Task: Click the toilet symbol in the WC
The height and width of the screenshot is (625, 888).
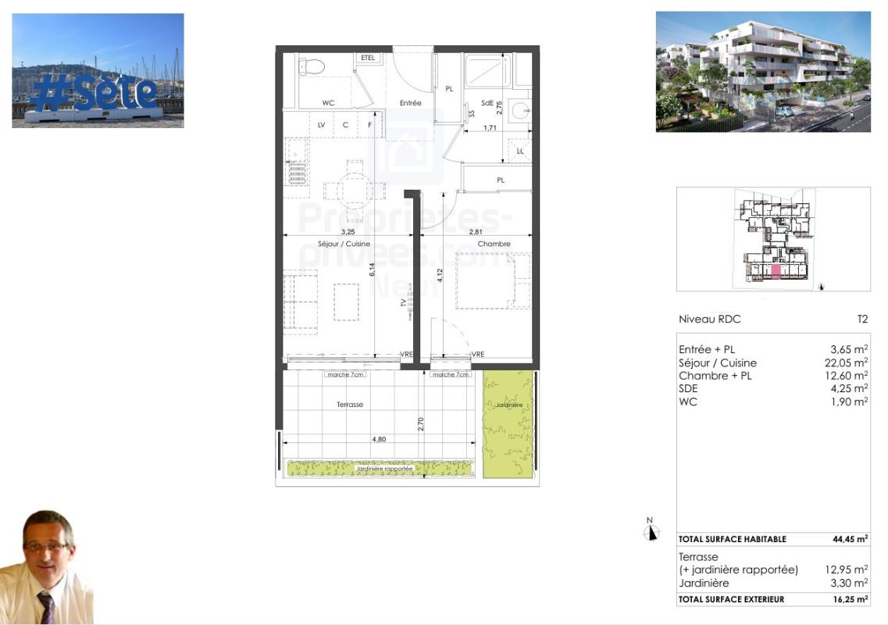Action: tap(311, 66)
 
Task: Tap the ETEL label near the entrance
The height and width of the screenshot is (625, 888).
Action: tap(368, 58)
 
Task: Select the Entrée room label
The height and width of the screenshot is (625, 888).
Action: tap(410, 103)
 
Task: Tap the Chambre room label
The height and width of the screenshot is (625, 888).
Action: tap(494, 244)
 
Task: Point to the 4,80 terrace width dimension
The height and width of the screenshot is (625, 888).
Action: tap(378, 439)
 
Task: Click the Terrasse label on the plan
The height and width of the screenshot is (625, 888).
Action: tap(349, 405)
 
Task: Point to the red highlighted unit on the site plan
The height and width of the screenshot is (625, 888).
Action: tap(776, 272)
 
